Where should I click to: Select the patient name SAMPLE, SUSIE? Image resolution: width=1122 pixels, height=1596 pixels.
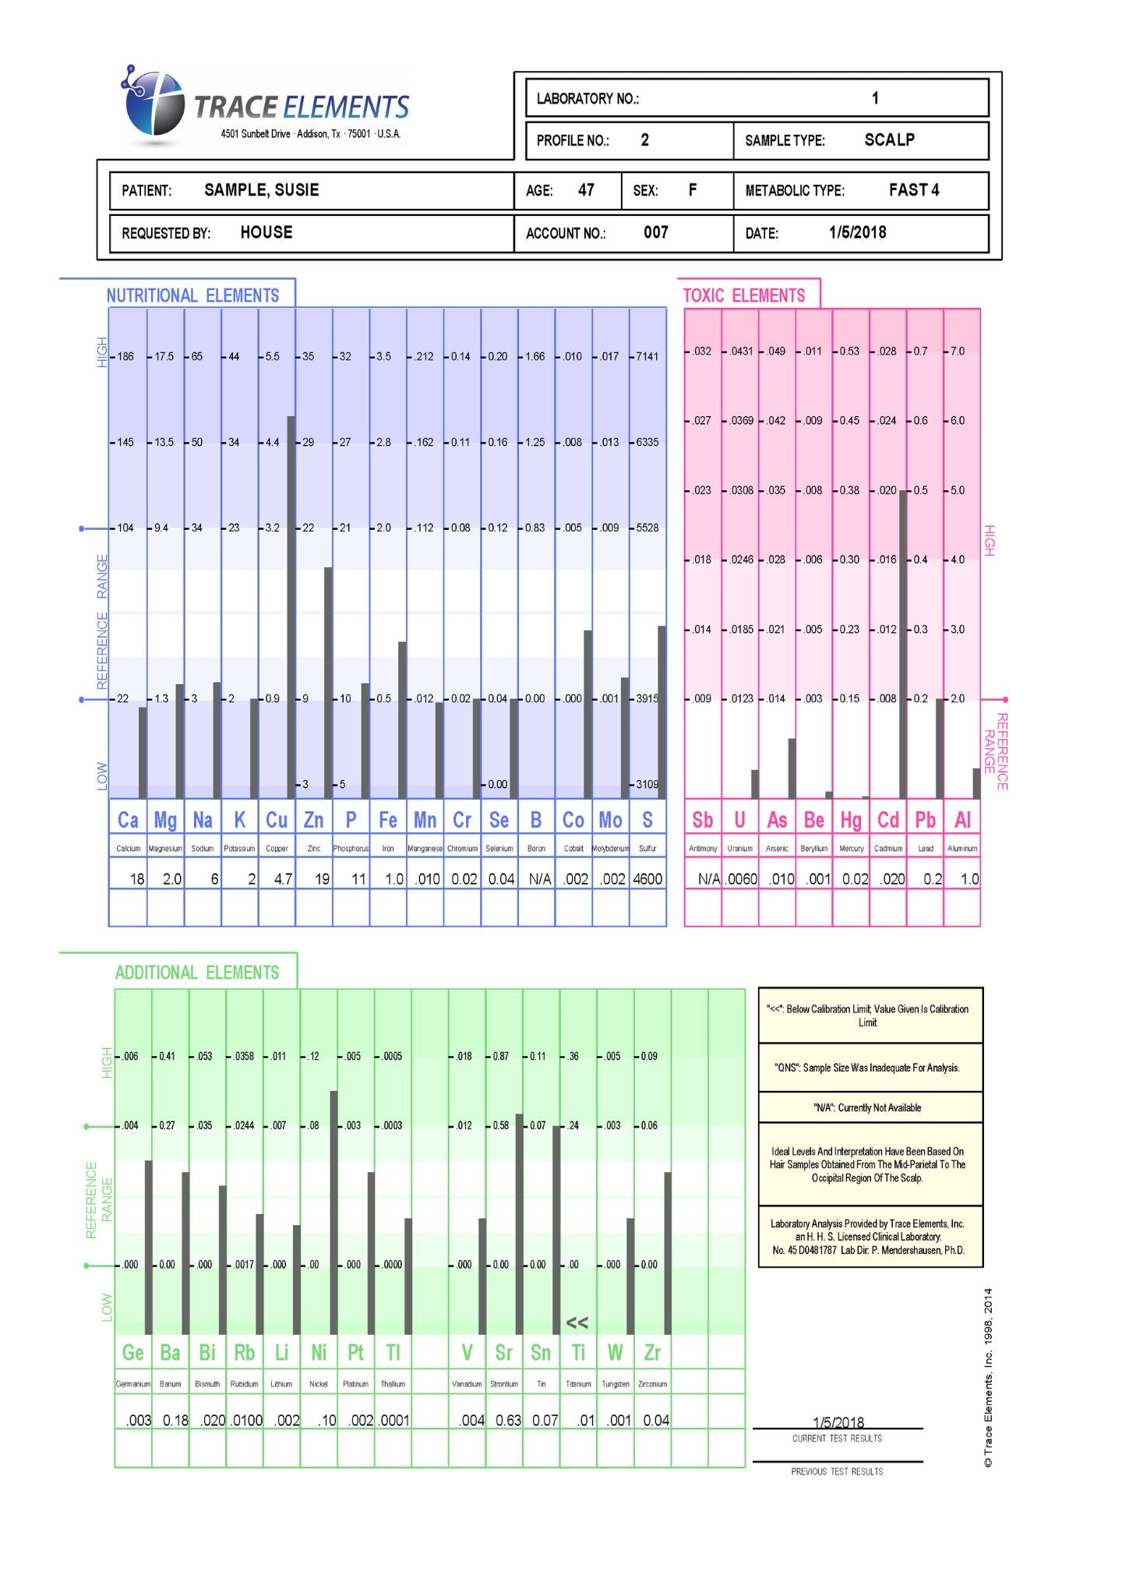coord(261,190)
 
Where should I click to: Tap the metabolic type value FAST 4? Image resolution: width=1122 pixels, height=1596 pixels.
coord(913,190)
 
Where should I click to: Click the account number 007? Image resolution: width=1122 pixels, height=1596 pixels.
coord(655,232)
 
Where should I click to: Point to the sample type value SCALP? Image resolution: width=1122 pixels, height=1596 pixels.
coord(889,140)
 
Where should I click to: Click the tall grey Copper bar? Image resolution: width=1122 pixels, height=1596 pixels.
coord(291,608)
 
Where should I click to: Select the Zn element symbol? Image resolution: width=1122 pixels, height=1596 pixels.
coord(313,820)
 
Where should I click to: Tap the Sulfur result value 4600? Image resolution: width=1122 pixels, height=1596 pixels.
coord(647,879)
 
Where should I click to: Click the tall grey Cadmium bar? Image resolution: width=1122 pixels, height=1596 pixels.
coord(903,644)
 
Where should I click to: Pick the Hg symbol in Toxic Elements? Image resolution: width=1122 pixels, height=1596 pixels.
coord(851,820)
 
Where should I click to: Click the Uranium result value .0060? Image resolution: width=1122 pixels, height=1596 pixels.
coord(741,879)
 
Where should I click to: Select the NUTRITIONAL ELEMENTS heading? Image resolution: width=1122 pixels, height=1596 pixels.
coord(192,295)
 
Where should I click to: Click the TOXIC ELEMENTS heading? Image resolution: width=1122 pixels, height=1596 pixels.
coord(743,295)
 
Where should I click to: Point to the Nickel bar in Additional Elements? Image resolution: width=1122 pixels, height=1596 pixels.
coord(333,1212)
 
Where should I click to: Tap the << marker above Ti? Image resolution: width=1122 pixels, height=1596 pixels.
coord(577,1322)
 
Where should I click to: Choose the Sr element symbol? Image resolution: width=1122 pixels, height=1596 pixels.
coord(503,1352)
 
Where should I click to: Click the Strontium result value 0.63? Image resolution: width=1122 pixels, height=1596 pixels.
coord(508,1420)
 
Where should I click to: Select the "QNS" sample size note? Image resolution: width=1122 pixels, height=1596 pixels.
coord(866,1068)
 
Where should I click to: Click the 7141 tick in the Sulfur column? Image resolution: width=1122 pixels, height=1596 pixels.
coord(647,357)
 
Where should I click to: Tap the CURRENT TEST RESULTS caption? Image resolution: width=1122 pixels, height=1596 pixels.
coord(837,1439)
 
